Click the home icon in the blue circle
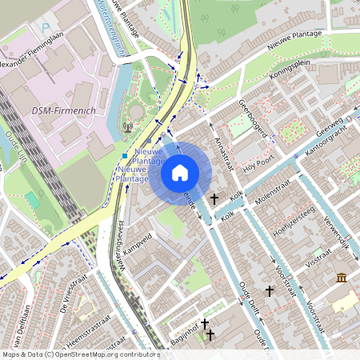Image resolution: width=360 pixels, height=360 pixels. point(180,172)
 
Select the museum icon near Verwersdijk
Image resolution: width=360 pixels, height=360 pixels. point(342,278)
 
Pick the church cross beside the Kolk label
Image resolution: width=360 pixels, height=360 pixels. point(214,198)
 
